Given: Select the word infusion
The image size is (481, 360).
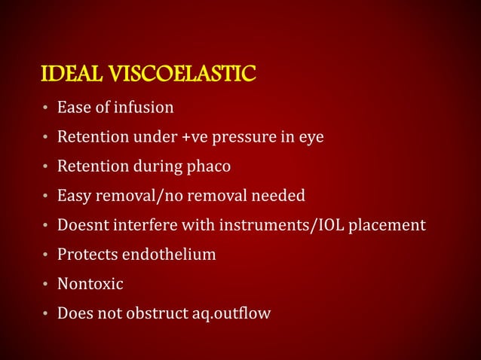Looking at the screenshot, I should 144,108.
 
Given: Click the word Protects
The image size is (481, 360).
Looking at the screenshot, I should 87,255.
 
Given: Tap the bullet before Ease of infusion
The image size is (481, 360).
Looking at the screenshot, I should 46,108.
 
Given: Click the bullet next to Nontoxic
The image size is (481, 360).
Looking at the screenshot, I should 46,285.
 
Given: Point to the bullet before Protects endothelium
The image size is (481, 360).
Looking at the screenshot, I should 46,255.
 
